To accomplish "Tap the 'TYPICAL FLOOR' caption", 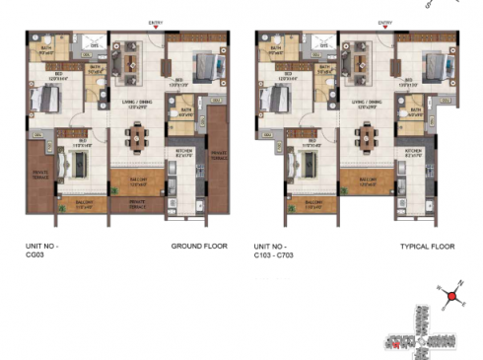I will click(427, 247).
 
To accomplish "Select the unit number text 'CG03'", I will click(34, 254).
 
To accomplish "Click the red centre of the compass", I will click(452, 295).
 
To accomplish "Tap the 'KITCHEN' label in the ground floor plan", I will click(183, 151).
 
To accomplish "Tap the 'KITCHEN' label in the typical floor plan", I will click(413, 151).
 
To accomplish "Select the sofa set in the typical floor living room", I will click(357, 62).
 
